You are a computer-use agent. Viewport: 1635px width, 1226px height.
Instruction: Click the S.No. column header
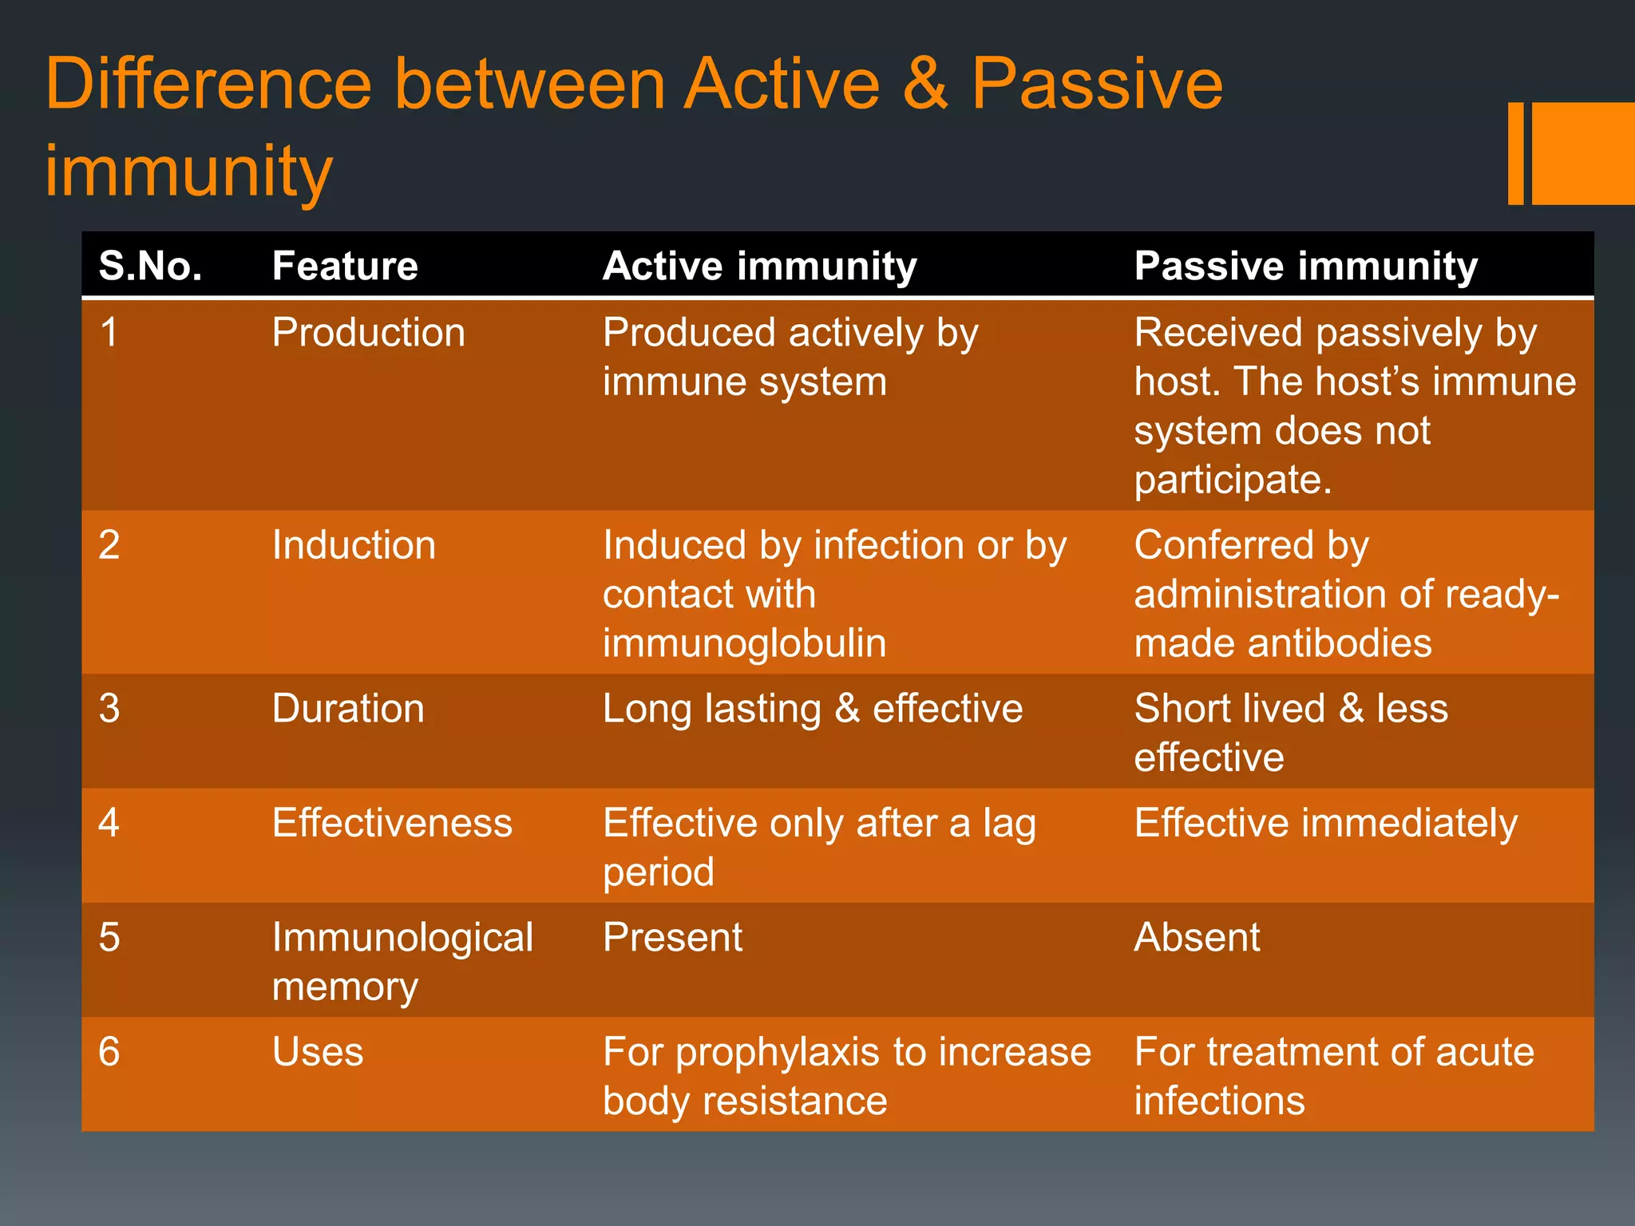tap(150, 266)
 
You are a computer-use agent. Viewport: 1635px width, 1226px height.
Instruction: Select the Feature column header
tap(345, 266)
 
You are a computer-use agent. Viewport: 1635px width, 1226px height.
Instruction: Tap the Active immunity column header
tap(759, 266)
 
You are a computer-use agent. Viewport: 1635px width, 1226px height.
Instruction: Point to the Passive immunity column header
tap(1306, 266)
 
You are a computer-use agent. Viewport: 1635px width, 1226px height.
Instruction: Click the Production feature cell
tap(368, 333)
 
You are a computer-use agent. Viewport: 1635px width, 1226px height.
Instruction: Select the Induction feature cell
tap(354, 545)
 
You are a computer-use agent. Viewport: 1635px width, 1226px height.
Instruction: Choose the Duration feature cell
tap(348, 709)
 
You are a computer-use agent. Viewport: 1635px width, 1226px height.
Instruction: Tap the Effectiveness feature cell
tap(392, 823)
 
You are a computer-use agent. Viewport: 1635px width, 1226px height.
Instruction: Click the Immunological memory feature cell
tap(402, 961)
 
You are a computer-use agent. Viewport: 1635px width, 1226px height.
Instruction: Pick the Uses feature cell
tap(318, 1052)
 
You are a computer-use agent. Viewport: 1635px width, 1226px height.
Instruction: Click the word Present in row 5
tap(672, 937)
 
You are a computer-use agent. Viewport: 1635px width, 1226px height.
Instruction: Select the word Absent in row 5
tap(1197, 937)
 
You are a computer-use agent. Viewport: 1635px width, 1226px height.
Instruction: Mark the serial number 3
tap(109, 709)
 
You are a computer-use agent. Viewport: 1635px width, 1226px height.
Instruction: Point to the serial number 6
tap(109, 1052)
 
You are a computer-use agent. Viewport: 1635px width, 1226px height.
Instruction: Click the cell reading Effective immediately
tap(1325, 823)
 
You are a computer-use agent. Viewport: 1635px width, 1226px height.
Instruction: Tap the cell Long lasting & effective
tap(812, 709)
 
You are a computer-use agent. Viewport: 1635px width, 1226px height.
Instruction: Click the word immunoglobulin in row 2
tap(744, 643)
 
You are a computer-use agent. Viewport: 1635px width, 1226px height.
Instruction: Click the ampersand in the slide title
tap(925, 84)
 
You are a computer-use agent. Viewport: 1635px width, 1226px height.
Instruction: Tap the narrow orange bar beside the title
tap(1515, 153)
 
